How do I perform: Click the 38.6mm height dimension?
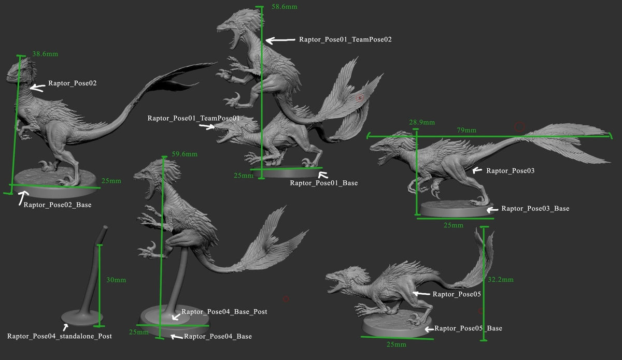(45, 54)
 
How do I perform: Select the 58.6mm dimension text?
(285, 7)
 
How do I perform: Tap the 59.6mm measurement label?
(185, 154)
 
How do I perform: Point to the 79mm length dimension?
(466, 130)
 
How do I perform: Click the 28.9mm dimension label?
(422, 122)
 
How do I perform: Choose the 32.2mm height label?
(501, 280)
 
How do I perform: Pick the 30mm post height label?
(116, 280)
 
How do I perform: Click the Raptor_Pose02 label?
(73, 83)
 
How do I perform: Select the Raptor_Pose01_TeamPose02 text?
(345, 39)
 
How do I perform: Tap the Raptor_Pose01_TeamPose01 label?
(193, 118)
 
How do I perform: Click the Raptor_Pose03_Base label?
(535, 208)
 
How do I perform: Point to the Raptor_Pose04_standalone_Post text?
(60, 336)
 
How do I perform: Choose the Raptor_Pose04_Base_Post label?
(224, 312)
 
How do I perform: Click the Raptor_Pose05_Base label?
(468, 328)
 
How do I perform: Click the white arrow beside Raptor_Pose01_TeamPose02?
(280, 40)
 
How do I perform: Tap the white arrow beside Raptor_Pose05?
(421, 293)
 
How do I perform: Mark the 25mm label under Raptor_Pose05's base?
(396, 344)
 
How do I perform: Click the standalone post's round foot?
(82, 318)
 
